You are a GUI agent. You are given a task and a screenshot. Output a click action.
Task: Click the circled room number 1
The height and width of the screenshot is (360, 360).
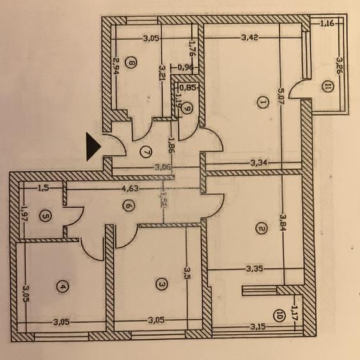coord(262,100)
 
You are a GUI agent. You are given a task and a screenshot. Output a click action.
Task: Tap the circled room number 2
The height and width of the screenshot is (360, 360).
coord(260,227)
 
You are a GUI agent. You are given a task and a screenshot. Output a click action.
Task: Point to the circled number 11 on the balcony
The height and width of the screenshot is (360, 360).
coord(328,88)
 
